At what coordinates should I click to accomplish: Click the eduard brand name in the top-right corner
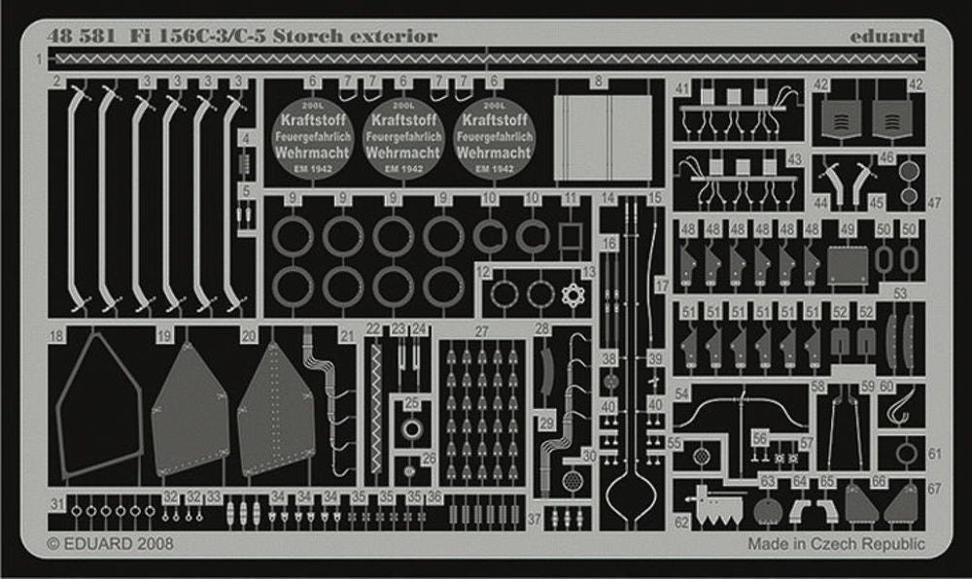(886, 36)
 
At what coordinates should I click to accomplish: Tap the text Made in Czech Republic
(836, 543)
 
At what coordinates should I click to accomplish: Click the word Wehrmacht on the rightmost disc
(494, 153)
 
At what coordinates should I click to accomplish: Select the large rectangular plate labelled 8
(603, 137)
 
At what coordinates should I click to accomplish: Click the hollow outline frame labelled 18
(97, 408)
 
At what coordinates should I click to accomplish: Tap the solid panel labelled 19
(191, 409)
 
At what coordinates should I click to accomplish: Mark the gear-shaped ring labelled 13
(571, 293)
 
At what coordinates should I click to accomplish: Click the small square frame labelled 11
(571, 236)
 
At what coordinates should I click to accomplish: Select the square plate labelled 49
(847, 264)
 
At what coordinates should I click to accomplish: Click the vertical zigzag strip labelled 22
(375, 408)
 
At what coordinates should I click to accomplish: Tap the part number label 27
(482, 331)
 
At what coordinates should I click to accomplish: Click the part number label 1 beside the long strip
(40, 60)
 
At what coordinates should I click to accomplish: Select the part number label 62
(681, 522)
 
